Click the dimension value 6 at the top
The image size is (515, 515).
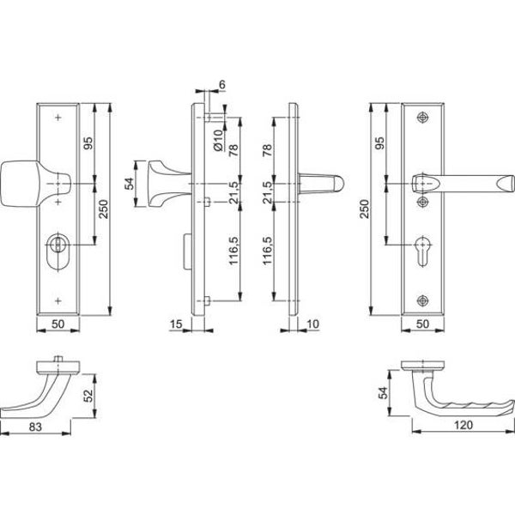pos(222,84)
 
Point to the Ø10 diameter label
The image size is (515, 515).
pos(218,140)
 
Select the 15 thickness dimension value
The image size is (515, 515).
pos(176,324)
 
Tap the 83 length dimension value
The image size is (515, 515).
pos(35,427)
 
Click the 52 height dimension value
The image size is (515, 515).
pos(88,396)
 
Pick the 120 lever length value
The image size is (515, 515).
pos(463,425)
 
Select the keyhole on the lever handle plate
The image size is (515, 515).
pos(422,251)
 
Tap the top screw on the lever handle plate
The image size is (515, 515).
pos(422,118)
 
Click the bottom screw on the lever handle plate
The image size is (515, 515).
pos(422,300)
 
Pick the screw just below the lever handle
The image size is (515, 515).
pos(422,202)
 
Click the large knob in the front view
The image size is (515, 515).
pos(34,184)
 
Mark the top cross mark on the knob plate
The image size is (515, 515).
pos(58,118)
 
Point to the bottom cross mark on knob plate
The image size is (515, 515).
pos(58,300)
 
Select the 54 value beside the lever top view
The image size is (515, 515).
pos(384,393)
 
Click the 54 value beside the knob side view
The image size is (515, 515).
pos(130,184)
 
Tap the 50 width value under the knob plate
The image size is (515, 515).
pos(58,324)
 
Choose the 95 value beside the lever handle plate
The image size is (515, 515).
pos(379,142)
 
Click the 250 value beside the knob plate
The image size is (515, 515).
pos(103,209)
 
